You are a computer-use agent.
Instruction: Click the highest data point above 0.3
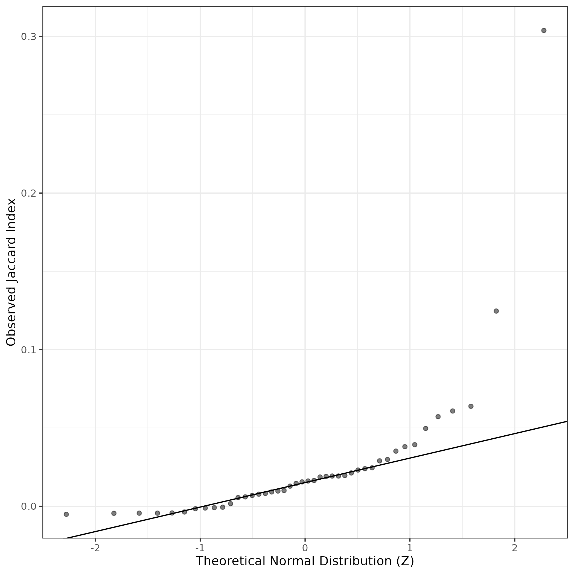(x=544, y=30)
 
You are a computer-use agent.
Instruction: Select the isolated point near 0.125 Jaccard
(x=496, y=311)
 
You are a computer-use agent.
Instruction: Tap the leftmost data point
(x=66, y=514)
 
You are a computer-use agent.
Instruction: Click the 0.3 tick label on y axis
(x=28, y=37)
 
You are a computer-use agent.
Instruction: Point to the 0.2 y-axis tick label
(x=28, y=193)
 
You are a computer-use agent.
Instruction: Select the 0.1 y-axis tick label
(x=28, y=350)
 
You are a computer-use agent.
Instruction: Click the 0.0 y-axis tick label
(x=28, y=506)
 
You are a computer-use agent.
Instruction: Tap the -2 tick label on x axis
(x=95, y=548)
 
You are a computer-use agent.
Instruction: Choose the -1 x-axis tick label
(x=200, y=548)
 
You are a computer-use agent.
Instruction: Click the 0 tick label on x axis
(x=305, y=548)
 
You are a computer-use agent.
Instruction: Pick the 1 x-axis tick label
(x=410, y=548)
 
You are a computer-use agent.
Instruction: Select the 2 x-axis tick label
(x=515, y=548)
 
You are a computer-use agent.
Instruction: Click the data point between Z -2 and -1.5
(x=114, y=513)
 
